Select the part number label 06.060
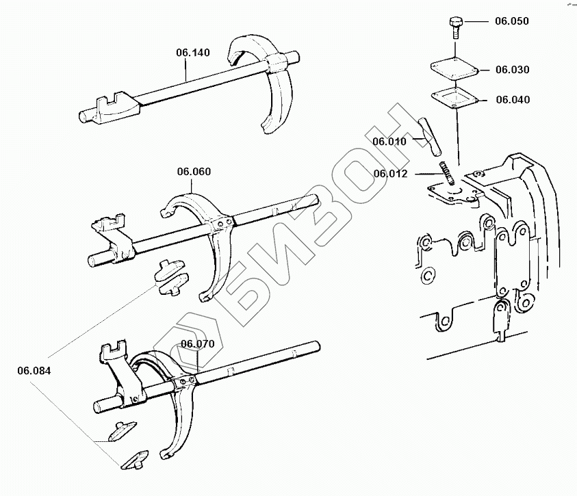(194, 171)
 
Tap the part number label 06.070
(197, 343)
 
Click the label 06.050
(512, 21)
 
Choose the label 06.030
(512, 70)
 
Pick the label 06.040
(512, 100)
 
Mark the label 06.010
(389, 142)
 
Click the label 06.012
(391, 174)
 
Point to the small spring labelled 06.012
(447, 172)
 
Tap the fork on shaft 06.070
(179, 410)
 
